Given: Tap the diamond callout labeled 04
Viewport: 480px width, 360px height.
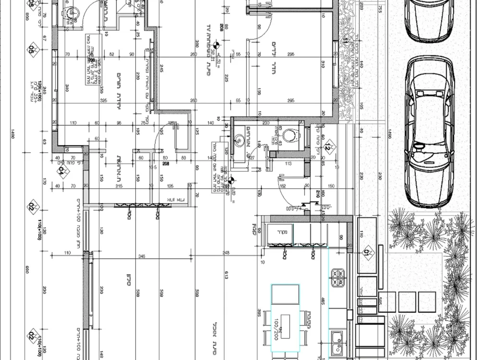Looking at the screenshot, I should tap(61, 169).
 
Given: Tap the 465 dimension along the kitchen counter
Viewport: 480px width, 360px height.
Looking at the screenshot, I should tap(323, 301).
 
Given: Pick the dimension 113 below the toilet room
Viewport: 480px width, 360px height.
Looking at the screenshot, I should tap(288, 163).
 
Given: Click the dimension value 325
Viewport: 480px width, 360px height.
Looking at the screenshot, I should tap(104, 100).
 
